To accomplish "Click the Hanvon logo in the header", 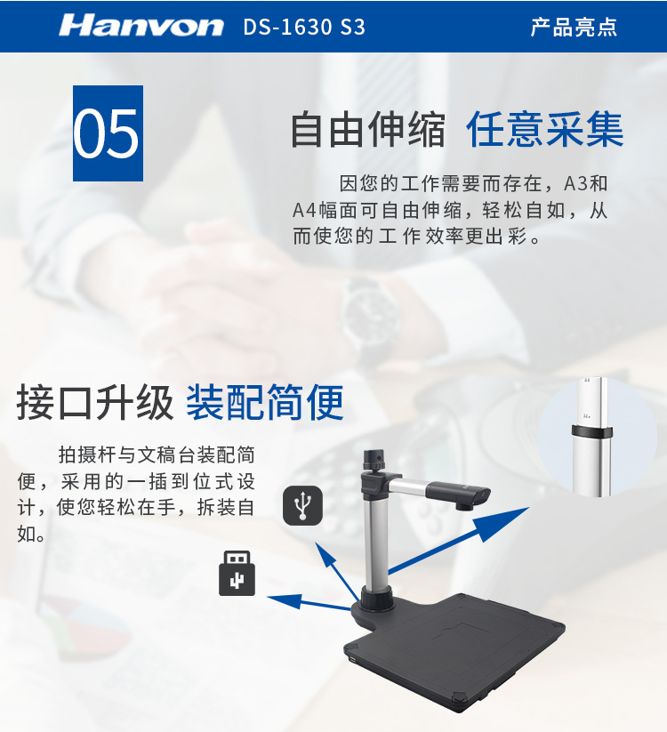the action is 141,25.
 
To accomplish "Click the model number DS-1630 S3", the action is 304,27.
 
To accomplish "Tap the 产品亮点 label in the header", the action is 574,27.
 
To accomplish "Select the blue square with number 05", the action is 108,133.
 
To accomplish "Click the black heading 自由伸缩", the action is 368,129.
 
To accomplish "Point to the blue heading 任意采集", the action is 544,129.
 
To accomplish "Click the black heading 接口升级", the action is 95,402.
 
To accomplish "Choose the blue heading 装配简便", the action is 265,402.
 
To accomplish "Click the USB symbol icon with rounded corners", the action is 303,505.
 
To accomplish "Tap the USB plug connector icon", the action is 237,573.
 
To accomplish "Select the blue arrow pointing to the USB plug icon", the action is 308,602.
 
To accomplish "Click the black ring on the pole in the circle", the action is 592,432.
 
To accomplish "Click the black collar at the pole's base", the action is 377,599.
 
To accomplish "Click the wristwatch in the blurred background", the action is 371,318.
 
